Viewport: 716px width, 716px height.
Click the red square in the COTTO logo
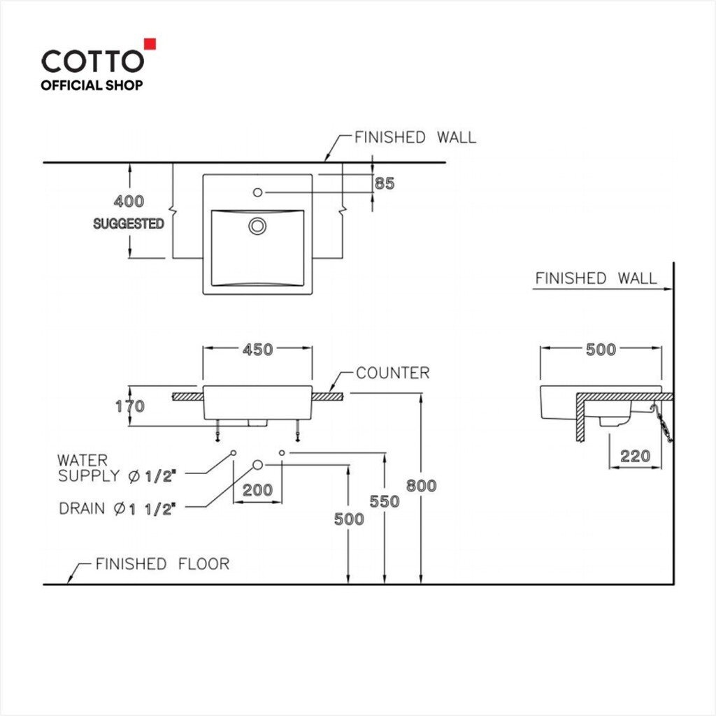150,44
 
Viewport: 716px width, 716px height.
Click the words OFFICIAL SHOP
92,85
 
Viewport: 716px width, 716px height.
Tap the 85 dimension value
385,184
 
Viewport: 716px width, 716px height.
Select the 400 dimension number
129,201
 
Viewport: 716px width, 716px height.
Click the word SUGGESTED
129,224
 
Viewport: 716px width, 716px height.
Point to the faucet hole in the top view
257,193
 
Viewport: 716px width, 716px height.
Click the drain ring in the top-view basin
257,226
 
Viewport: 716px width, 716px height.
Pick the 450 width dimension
257,350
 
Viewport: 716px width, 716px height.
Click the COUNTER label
393,373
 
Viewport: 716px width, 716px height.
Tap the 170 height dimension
130,406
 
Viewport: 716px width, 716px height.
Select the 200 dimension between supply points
257,490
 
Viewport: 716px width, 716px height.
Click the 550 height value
385,502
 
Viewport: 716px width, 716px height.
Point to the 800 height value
421,486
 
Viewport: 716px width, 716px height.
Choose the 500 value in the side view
601,350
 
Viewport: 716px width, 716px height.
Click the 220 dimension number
635,456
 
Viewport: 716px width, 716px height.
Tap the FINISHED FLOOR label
162,564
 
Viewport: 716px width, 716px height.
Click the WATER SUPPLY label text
117,468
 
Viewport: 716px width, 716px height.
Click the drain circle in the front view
257,465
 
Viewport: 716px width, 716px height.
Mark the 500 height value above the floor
349,520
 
